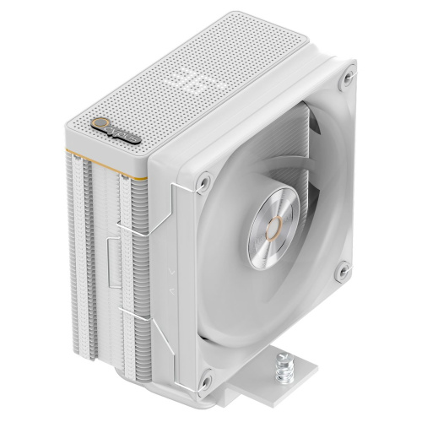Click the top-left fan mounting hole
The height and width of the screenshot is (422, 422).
point(203,179)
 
